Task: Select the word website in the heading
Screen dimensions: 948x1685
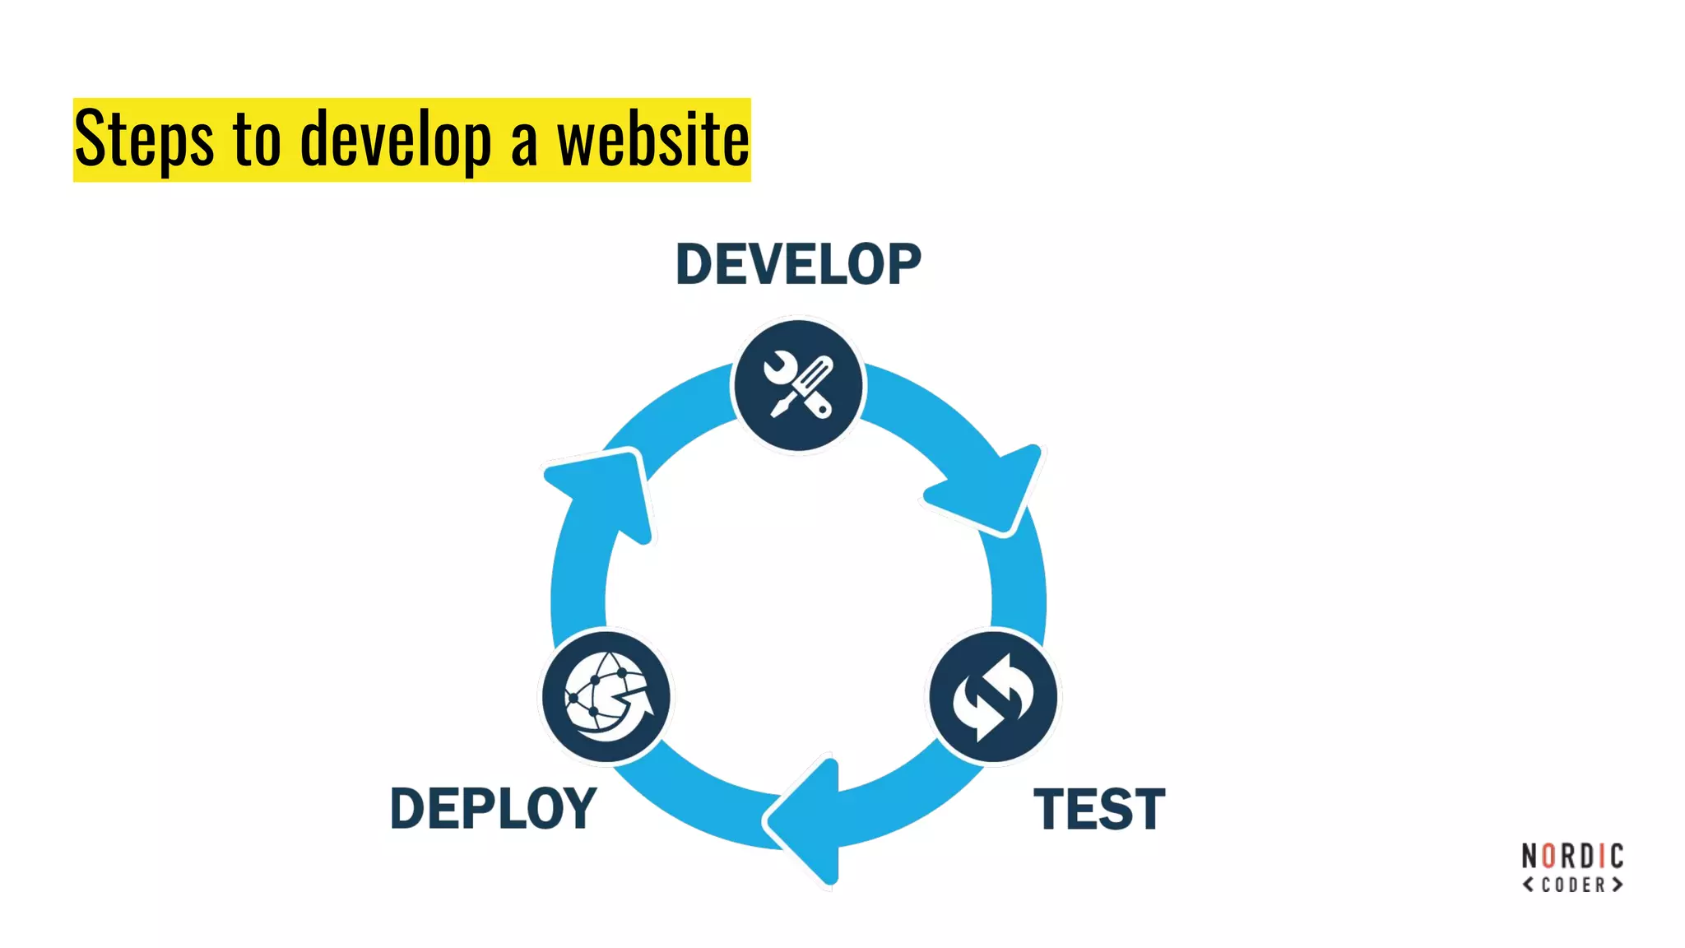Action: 653,138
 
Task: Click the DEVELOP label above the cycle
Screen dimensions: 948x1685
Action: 798,265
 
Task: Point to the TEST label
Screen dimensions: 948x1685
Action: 1099,810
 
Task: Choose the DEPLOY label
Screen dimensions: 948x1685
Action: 493,808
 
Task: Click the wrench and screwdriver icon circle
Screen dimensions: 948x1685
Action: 799,386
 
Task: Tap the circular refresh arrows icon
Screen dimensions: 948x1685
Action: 993,697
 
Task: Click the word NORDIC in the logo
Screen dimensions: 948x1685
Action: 1572,857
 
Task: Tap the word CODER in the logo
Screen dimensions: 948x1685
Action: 1573,885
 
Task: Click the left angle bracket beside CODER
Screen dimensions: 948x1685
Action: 1528,885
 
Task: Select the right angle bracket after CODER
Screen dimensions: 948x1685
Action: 1618,885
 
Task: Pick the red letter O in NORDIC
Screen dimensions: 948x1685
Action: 1548,857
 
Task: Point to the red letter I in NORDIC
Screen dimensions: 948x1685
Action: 1602,857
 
